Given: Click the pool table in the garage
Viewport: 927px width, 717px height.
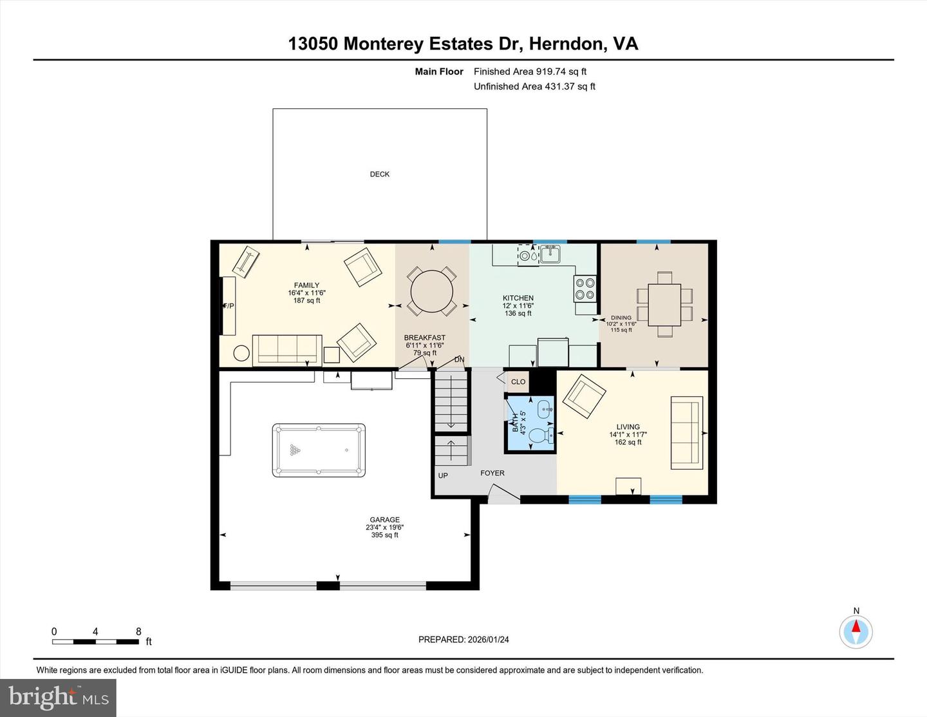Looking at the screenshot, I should [x=319, y=450].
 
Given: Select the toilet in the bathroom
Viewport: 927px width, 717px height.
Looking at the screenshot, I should [x=539, y=436].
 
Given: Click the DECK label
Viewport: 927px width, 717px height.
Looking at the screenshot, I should [x=380, y=174].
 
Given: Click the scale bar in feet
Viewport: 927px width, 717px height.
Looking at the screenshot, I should [x=95, y=641].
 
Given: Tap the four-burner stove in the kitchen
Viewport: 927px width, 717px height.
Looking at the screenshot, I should [x=585, y=289].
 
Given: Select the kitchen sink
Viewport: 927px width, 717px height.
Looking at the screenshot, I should [x=550, y=254].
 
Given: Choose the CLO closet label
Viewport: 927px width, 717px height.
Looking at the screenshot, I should [x=518, y=381].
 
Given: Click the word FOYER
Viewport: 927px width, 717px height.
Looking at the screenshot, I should [x=492, y=473].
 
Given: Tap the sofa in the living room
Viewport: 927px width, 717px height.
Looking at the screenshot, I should [x=687, y=432].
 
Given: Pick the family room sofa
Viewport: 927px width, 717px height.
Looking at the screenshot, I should [x=287, y=350].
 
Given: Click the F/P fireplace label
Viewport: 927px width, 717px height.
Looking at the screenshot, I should [x=229, y=306].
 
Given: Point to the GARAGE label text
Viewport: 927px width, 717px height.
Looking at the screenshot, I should [x=385, y=520].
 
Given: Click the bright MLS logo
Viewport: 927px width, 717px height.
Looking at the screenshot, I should [x=58, y=698].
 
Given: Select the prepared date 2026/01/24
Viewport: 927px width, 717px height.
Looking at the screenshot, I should [x=464, y=640].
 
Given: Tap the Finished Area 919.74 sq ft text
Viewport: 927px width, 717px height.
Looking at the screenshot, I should [x=530, y=72].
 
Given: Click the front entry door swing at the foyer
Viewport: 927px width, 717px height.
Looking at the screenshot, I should [x=504, y=495].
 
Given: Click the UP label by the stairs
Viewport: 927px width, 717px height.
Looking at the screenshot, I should [x=443, y=475].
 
